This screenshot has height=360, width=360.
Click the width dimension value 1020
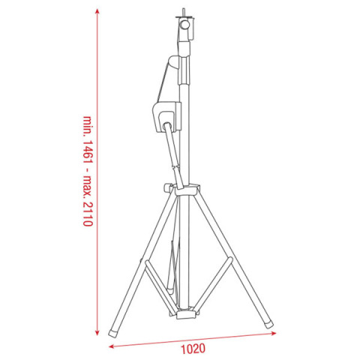193,349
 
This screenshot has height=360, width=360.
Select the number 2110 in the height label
88,214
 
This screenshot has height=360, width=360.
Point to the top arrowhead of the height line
97,11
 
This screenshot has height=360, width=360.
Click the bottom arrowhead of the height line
97,332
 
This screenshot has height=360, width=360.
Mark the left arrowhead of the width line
112,346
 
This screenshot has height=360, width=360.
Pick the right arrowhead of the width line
274,333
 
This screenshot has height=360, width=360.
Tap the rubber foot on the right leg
268,325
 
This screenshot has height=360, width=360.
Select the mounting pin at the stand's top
184,12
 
